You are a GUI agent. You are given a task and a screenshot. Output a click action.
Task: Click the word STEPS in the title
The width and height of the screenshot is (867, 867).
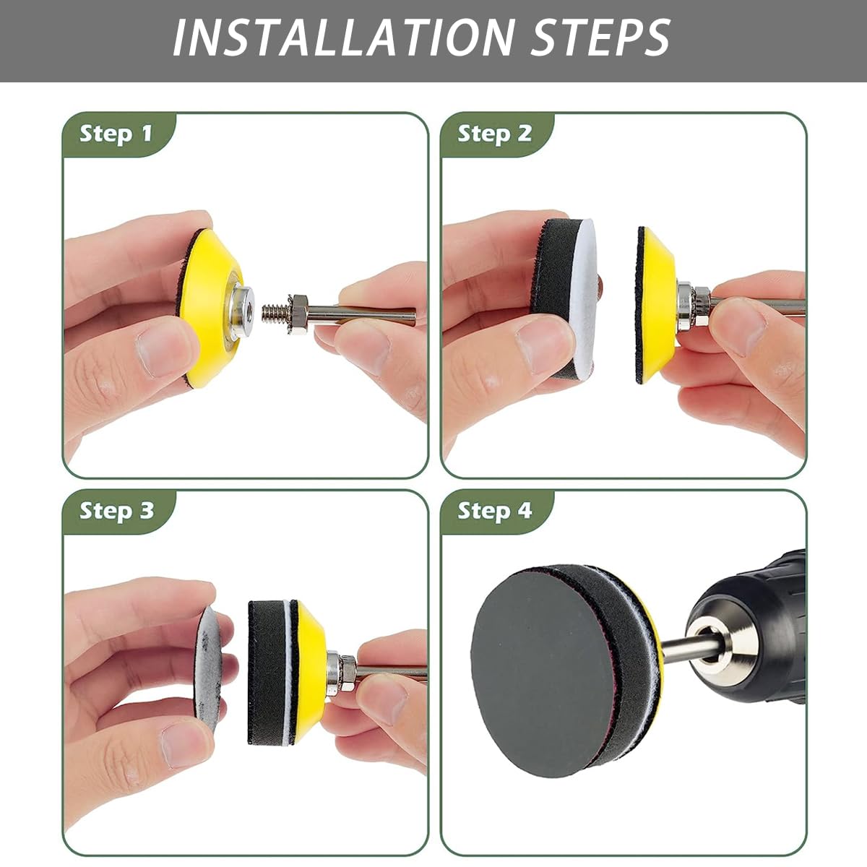(x=600, y=38)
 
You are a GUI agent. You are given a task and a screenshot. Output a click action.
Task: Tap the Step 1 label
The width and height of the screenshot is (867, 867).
(x=116, y=134)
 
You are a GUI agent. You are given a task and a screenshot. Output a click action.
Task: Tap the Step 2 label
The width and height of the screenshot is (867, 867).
(x=494, y=134)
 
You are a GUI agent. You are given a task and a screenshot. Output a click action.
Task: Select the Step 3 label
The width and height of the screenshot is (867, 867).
(x=116, y=511)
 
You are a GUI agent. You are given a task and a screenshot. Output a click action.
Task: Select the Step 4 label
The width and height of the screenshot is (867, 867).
(x=494, y=511)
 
